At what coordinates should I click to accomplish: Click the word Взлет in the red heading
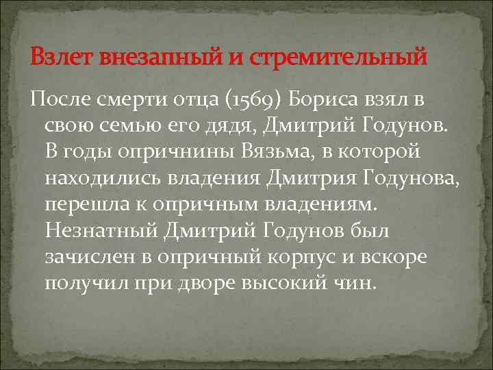coord(62,56)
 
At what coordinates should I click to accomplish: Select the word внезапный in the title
coord(159,56)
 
